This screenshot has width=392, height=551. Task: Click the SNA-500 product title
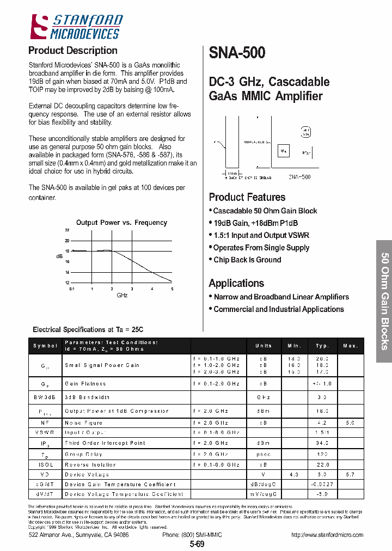point(237,53)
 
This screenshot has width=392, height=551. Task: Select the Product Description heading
point(72,51)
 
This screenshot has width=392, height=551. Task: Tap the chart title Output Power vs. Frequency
point(121,222)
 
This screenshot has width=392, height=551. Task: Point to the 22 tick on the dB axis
point(67,231)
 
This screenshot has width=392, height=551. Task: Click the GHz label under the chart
point(122,295)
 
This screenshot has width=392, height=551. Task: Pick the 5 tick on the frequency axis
point(172,289)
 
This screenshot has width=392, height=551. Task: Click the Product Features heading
point(247,197)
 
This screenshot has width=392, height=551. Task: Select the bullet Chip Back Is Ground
point(247,260)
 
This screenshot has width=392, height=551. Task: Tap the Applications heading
point(236,283)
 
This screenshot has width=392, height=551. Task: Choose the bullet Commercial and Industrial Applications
point(278,309)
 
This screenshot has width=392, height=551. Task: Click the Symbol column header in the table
point(45,346)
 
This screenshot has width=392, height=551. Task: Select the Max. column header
point(350,346)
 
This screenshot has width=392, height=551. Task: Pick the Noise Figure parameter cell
point(83,423)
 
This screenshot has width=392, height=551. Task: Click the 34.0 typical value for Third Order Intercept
point(322,443)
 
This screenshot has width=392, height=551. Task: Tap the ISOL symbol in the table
point(45,465)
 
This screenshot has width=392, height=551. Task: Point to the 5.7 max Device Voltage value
point(350,475)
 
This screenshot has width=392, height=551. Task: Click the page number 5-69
point(197,544)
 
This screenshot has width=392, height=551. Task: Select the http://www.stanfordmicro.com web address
point(327,535)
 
